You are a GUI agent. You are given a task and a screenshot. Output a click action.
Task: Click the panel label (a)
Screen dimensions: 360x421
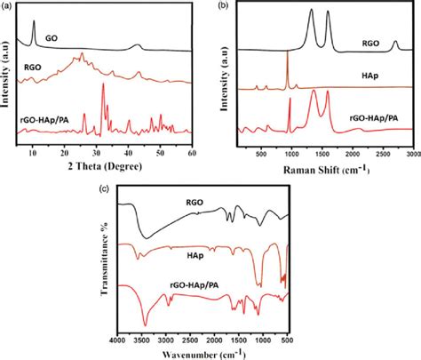(9, 5)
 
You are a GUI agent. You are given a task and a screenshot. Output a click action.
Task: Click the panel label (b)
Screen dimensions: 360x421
(222, 5)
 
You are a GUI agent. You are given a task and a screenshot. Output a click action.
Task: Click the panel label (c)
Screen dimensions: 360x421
(106, 189)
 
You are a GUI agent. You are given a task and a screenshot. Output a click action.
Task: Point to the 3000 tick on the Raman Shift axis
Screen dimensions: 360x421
(411, 153)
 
